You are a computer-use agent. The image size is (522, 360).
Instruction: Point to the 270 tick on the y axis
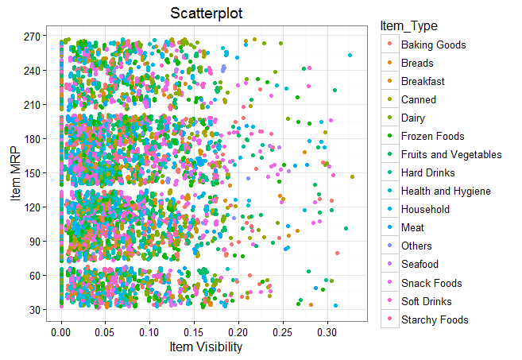[x=35, y=37]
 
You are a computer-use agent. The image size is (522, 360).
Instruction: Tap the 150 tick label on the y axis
[x=35, y=172]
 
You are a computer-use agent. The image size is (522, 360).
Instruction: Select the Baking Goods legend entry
[x=433, y=45]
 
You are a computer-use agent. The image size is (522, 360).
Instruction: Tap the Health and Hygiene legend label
[x=446, y=192]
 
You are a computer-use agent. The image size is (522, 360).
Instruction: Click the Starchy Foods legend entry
[x=434, y=319]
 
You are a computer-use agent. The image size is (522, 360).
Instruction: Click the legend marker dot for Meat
[x=387, y=228]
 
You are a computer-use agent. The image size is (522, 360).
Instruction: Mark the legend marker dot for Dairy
[x=387, y=118]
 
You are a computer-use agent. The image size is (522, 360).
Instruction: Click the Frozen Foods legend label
[x=432, y=137]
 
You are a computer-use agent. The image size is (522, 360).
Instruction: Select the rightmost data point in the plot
[x=353, y=176]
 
